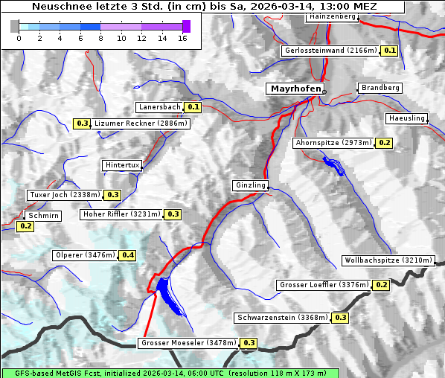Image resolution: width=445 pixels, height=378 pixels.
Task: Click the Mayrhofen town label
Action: pos(295,89)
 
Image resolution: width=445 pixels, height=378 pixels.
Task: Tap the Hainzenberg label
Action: pos(331,16)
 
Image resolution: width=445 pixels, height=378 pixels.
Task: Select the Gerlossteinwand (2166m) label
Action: pos(330,51)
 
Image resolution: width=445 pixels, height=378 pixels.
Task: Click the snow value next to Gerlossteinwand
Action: pos(389,51)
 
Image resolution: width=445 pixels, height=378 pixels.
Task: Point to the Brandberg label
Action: pos(380,88)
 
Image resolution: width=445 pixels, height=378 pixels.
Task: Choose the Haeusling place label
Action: pos(406,118)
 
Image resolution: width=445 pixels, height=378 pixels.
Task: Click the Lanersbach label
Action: pos(159,107)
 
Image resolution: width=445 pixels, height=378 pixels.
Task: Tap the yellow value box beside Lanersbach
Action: pos(193,107)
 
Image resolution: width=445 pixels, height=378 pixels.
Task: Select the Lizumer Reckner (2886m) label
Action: pos(141,124)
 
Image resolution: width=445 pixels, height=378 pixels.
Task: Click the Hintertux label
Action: pos(122,165)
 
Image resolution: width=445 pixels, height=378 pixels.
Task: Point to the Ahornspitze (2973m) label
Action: pos(333,142)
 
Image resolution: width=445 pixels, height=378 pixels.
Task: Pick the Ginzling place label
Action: pos(250,185)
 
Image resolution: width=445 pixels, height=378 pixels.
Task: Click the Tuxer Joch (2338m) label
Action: pos(64,195)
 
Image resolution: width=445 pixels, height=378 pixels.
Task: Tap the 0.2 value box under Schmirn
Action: pos(25,225)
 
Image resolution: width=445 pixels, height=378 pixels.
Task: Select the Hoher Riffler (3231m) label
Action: pos(121,214)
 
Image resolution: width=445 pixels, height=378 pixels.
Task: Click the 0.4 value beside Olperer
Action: pos(128,255)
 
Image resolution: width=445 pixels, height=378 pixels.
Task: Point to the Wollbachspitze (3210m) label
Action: pos(387,260)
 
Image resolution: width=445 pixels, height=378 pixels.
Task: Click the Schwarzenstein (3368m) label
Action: pos(281,318)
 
